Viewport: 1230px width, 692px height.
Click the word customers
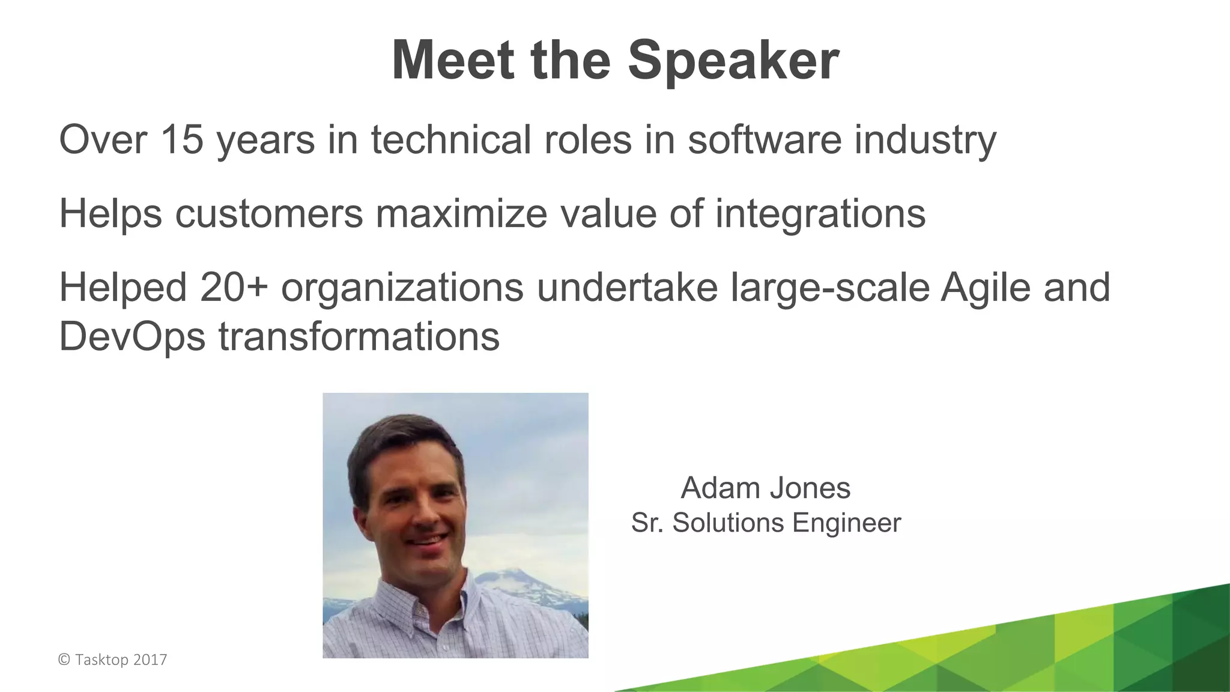269,213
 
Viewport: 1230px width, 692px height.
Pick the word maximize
461,213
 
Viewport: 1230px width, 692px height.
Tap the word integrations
820,214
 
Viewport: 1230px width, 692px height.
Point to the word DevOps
132,337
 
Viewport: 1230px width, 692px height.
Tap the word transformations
359,337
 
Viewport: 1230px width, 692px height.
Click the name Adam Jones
766,488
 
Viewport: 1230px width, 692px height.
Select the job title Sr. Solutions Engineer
766,523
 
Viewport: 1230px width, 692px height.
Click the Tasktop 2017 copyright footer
113,660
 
